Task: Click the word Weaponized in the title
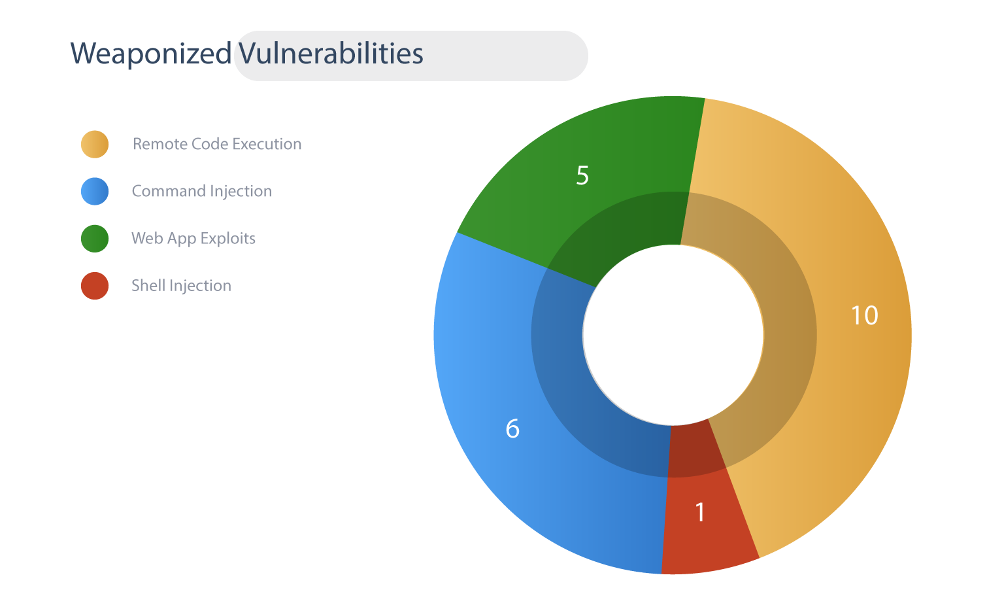pyautogui.click(x=151, y=54)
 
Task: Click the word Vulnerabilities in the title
pyautogui.click(x=331, y=54)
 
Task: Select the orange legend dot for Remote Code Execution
pyautogui.click(x=95, y=144)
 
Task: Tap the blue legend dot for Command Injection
pyautogui.click(x=95, y=191)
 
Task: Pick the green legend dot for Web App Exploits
pyautogui.click(x=95, y=239)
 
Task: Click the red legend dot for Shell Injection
pyautogui.click(x=95, y=286)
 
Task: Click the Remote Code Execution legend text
pyautogui.click(x=217, y=144)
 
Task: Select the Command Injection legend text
pyautogui.click(x=202, y=191)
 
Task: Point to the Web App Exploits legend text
pyautogui.click(x=193, y=239)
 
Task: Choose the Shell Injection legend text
pyautogui.click(x=182, y=286)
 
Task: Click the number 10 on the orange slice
pyautogui.click(x=865, y=316)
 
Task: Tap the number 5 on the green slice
pyautogui.click(x=582, y=175)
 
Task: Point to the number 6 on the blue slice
pyautogui.click(x=512, y=428)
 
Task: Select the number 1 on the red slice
pyautogui.click(x=700, y=512)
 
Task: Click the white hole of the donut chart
pyautogui.click(x=673, y=335)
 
